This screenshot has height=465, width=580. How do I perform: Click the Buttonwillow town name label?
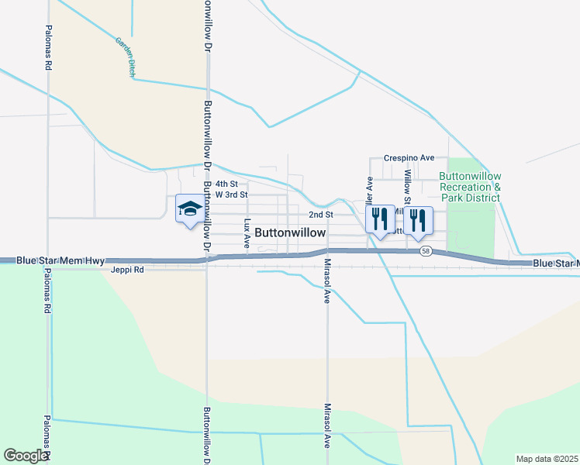pyautogui.click(x=290, y=232)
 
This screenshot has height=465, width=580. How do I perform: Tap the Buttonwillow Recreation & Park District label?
pyautogui.click(x=470, y=188)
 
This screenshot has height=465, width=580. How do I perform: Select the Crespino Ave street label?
pyautogui.click(x=409, y=157)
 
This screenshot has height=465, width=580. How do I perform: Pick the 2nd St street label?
pyautogui.click(x=320, y=215)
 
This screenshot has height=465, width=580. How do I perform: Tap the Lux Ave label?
pyautogui.click(x=247, y=232)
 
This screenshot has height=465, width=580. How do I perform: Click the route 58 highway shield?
pyautogui.click(x=426, y=251)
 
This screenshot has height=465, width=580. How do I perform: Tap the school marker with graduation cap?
pyautogui.click(x=190, y=209)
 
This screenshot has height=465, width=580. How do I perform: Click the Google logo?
pyautogui.click(x=26, y=456)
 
